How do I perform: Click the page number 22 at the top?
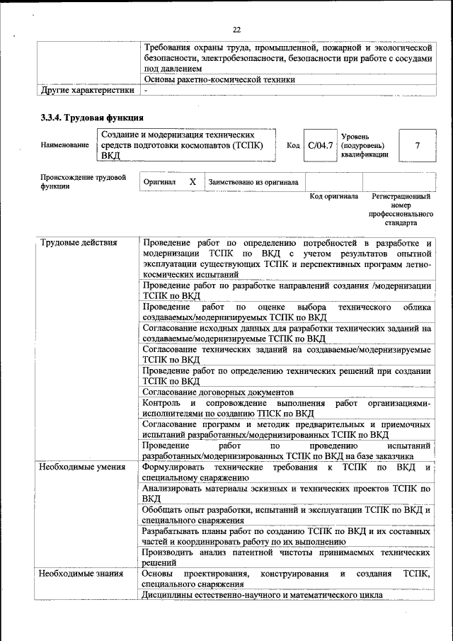click(x=236, y=29)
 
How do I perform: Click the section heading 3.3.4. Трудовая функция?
click(x=93, y=117)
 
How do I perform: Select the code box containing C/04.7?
click(x=320, y=145)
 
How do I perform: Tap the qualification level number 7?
click(x=417, y=145)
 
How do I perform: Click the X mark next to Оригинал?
click(x=193, y=182)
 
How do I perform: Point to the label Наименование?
click(x=65, y=145)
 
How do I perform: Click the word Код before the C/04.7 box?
click(x=293, y=145)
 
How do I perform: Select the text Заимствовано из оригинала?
click(x=253, y=182)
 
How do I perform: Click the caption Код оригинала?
click(x=333, y=196)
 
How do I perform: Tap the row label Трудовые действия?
click(x=79, y=244)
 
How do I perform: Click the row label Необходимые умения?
click(x=83, y=467)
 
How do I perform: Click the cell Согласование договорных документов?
click(x=217, y=392)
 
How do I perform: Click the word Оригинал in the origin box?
click(x=159, y=182)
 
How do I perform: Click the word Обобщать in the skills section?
click(x=164, y=509)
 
